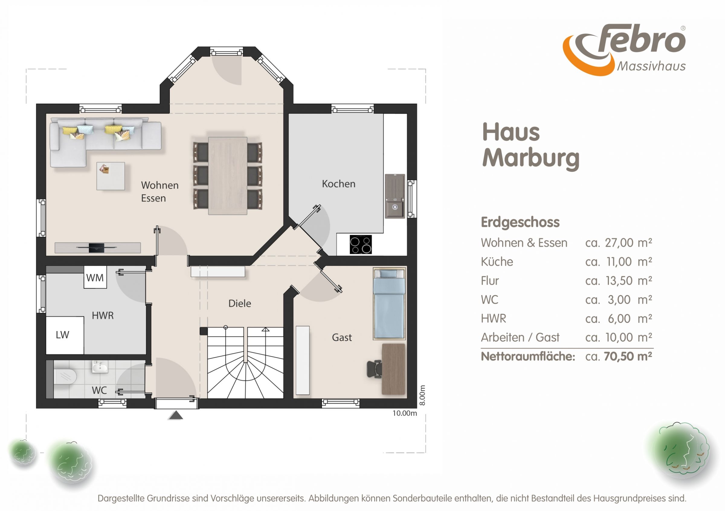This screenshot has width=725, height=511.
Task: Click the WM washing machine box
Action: tap(95, 277)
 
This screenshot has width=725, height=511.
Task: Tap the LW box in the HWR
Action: tap(65, 335)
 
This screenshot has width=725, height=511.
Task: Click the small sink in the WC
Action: tap(100, 367)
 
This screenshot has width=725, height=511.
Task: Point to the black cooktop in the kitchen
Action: tap(361, 244)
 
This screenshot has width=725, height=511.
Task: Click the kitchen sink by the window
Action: tap(395, 196)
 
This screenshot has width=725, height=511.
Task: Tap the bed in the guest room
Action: tap(389, 304)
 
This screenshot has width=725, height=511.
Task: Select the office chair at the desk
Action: tap(375, 369)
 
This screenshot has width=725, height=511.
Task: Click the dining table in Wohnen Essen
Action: tap(227, 176)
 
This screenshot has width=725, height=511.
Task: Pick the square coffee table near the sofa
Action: tap(111, 176)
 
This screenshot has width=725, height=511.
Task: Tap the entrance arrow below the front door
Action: tap(176, 415)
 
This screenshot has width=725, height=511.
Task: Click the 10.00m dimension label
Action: tap(404, 413)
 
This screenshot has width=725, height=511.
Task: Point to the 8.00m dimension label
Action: tap(423, 395)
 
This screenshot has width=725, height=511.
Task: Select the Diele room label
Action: tap(240, 303)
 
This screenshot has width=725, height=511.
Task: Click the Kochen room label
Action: tap(339, 184)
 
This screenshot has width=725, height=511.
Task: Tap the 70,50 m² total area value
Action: tap(628, 356)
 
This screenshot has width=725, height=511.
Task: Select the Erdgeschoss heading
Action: tap(520, 222)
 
